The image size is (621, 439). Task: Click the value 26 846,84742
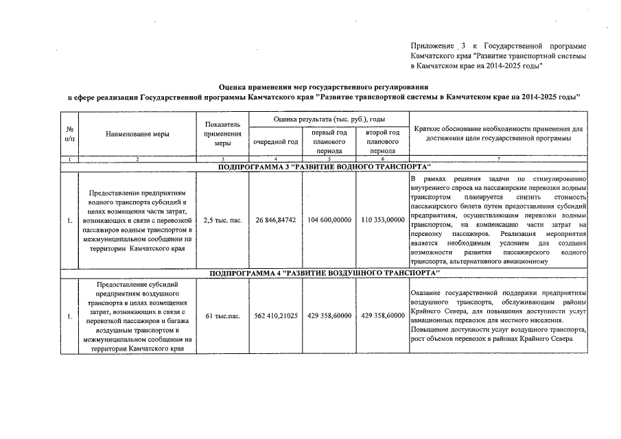click(276, 220)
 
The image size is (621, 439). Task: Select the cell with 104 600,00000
click(329, 220)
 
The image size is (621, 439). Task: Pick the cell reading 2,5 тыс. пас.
click(223, 220)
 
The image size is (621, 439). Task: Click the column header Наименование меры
click(138, 134)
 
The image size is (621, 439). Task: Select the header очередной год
click(276, 141)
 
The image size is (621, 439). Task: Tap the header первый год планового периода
click(329, 141)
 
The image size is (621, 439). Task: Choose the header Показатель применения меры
click(223, 134)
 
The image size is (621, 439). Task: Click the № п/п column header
click(70, 134)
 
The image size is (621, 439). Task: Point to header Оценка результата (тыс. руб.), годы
click(329, 119)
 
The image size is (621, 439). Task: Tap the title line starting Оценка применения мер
click(323, 87)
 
